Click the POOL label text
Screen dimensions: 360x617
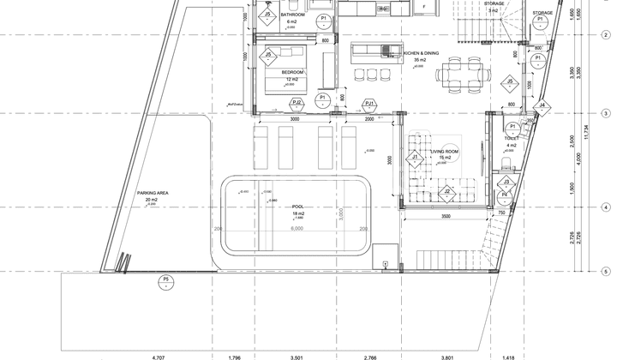pyautogui.click(x=297, y=206)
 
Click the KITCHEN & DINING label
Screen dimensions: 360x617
pyautogui.click(x=421, y=53)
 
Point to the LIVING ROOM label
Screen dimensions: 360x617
pyautogui.click(x=444, y=151)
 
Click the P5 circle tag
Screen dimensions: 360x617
pyautogui.click(x=165, y=281)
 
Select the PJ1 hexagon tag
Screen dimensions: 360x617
pyautogui.click(x=369, y=104)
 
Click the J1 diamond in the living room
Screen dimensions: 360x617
pyautogui.click(x=414, y=158)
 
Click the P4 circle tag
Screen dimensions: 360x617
pyautogui.click(x=506, y=195)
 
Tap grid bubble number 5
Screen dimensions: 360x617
pyautogui.click(x=606, y=272)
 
